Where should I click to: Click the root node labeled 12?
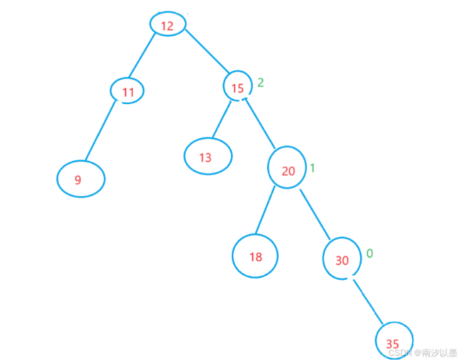[x=167, y=25]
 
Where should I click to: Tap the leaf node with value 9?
[x=80, y=179]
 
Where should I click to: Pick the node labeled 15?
[x=237, y=87]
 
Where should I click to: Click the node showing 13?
[x=208, y=156]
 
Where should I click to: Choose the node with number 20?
[x=288, y=170]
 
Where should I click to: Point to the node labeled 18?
[x=255, y=256]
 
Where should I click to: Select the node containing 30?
[x=341, y=260]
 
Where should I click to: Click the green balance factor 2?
[x=261, y=83]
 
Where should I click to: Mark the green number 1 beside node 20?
[x=311, y=168]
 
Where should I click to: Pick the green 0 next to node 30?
[x=369, y=254]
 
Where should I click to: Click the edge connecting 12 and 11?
[x=142, y=55]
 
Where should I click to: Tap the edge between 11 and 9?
[x=104, y=131]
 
